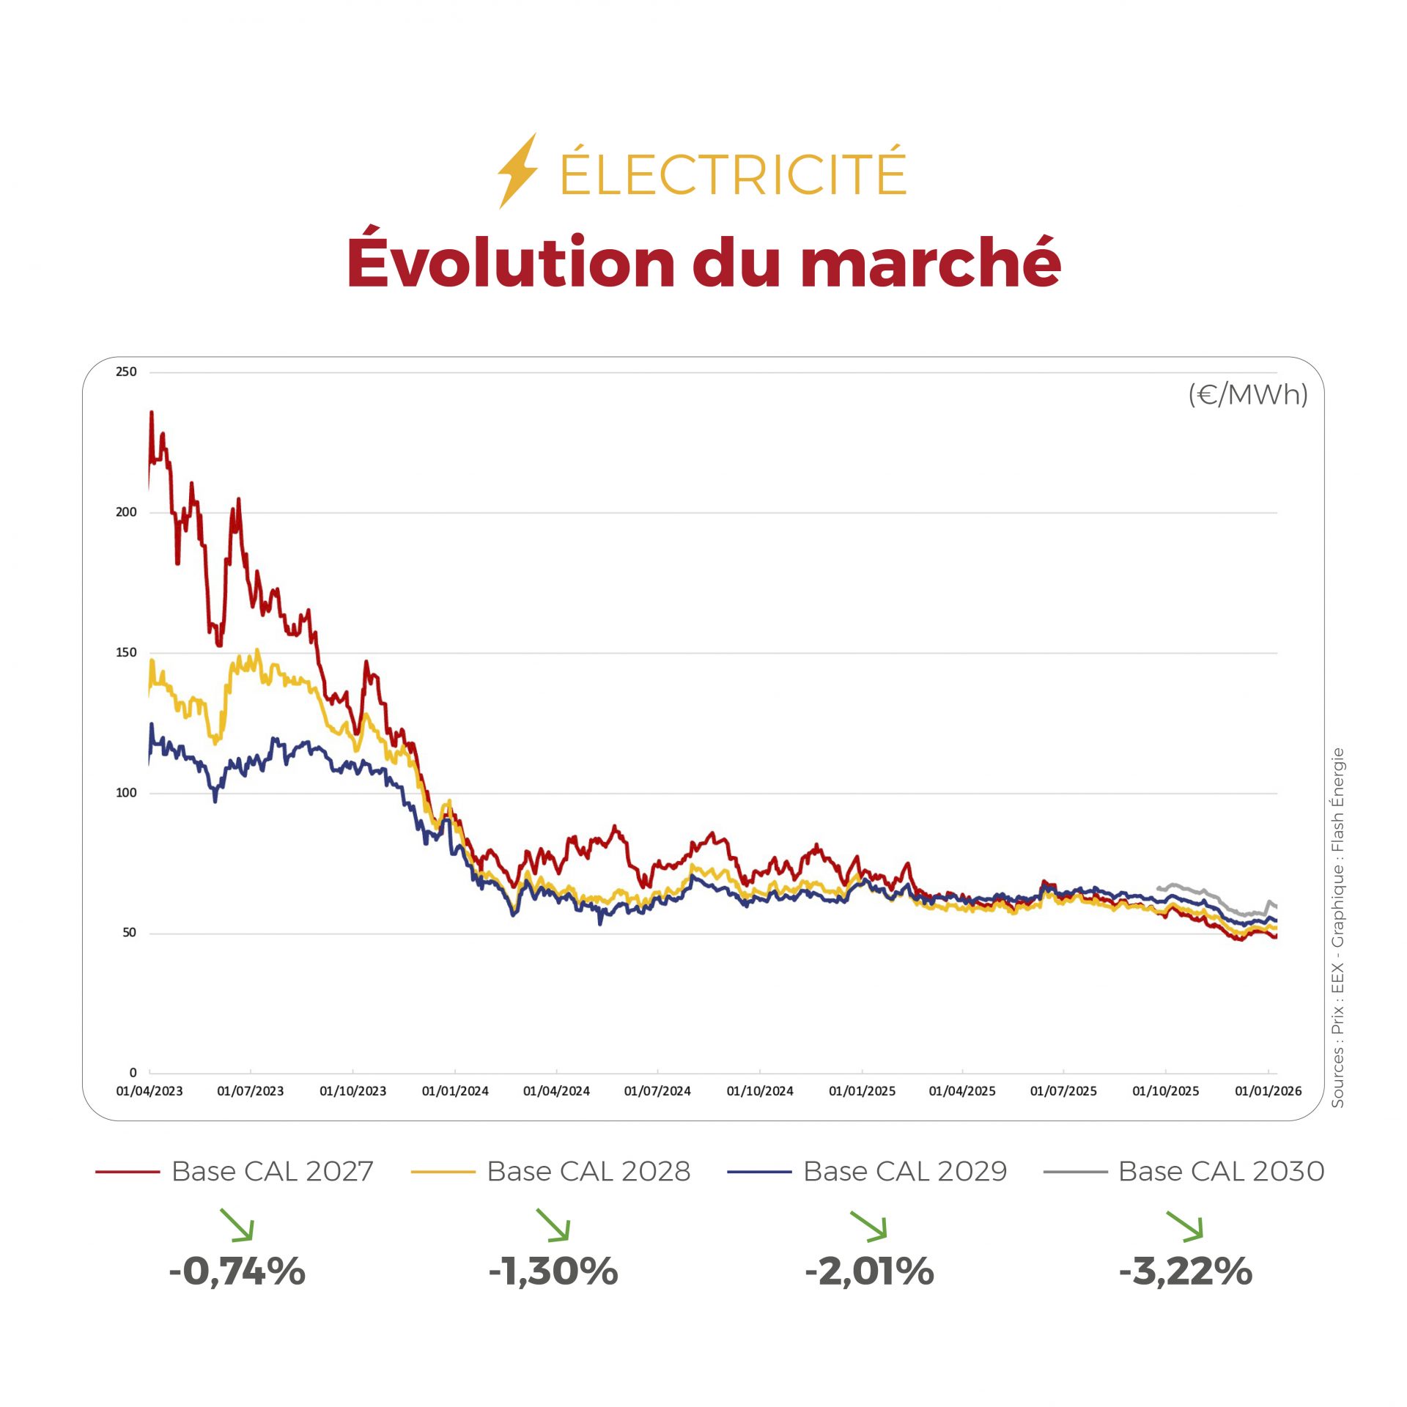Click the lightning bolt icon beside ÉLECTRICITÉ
517,171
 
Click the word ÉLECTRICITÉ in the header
733,173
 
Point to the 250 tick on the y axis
126,372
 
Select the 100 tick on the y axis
126,793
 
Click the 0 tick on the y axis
133,1073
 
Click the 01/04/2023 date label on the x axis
149,1091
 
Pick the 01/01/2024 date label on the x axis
455,1091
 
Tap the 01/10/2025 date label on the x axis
1165,1091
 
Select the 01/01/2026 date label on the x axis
1268,1091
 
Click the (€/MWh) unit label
1247,395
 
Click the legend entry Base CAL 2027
272,1172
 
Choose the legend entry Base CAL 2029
905,1172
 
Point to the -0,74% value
237,1271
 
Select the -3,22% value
1185,1271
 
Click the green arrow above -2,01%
869,1226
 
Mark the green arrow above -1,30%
553,1225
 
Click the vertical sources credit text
1337,927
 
